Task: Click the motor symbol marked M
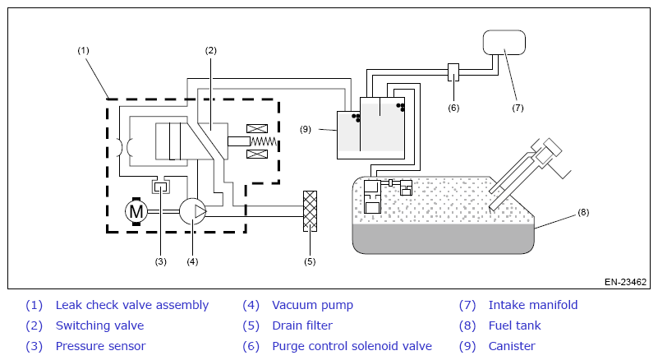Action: (136, 211)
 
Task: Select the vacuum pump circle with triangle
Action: (192, 211)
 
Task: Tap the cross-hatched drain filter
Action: (310, 211)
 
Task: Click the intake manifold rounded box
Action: (504, 42)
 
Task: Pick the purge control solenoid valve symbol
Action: (453, 72)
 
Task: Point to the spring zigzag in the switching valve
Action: (264, 141)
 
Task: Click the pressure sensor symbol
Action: (160, 186)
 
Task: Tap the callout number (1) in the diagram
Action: (83, 50)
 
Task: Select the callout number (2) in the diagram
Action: (210, 50)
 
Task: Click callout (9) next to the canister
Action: (306, 129)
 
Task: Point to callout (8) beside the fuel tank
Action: (583, 212)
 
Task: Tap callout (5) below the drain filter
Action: (310, 261)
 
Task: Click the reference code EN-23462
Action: (625, 282)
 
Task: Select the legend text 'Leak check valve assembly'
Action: (131, 305)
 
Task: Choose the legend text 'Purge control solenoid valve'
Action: (352, 346)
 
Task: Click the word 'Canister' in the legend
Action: (512, 346)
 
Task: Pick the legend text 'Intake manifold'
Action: (533, 305)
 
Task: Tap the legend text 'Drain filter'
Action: (302, 325)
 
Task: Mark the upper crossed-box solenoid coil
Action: (257, 128)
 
